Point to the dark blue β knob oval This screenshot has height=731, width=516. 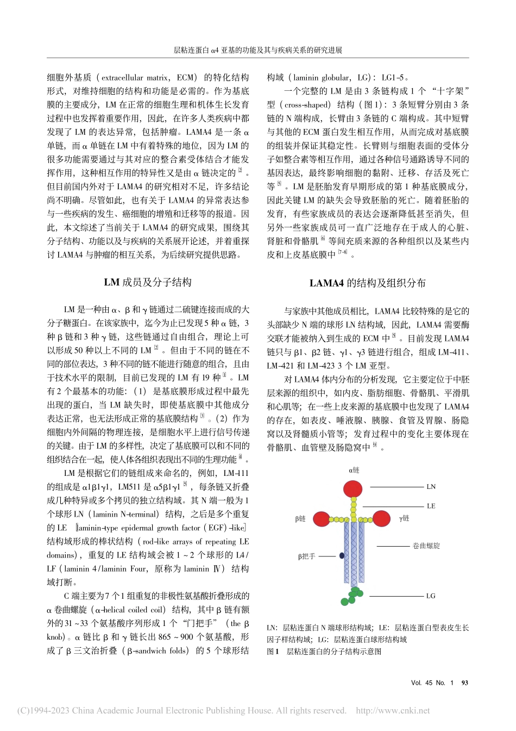[x=342, y=556]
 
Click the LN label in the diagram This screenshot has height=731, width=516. [x=431, y=487]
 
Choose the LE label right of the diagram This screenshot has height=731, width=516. [x=431, y=506]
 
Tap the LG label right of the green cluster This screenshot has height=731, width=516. [x=430, y=596]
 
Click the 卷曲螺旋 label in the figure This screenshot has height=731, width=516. [x=426, y=546]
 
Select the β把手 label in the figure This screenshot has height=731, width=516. [x=306, y=556]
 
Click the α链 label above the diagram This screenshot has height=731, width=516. [x=354, y=470]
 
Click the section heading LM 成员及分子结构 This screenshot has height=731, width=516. [x=148, y=282]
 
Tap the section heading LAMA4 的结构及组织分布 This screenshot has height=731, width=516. [x=368, y=283]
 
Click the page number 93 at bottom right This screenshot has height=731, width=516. [x=464, y=683]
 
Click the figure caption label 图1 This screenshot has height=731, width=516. [x=273, y=651]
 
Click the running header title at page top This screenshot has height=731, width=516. [x=257, y=49]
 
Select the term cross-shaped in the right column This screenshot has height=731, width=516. [x=307, y=105]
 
